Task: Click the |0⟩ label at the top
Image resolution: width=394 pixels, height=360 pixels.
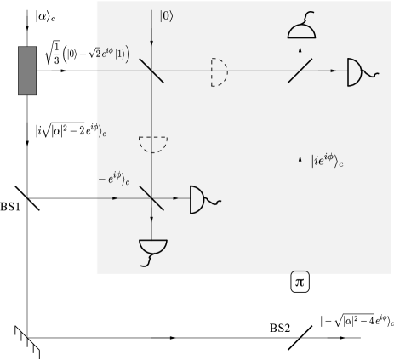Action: [x=167, y=15]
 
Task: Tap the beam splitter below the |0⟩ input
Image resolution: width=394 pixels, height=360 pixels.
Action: [x=151, y=71]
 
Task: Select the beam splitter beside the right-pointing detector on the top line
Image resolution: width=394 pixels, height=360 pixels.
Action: [x=300, y=71]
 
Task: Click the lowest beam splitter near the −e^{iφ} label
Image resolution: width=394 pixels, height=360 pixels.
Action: [x=151, y=198]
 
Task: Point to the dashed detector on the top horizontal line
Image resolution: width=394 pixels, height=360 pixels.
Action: [x=220, y=72]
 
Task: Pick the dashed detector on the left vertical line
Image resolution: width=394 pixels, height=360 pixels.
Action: [x=152, y=144]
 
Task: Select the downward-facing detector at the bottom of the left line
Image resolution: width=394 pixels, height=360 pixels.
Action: [x=152, y=249]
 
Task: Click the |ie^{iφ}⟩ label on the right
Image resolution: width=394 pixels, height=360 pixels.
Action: [x=327, y=159]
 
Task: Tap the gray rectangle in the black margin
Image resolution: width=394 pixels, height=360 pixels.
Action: [x=27, y=71]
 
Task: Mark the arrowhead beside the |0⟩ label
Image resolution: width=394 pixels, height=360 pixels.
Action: [x=151, y=18]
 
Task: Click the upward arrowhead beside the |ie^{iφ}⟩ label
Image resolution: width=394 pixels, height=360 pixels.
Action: [x=301, y=158]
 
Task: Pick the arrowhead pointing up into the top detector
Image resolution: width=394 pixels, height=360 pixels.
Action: [x=301, y=43]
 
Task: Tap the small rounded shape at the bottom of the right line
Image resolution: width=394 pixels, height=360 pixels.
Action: [x=301, y=273]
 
